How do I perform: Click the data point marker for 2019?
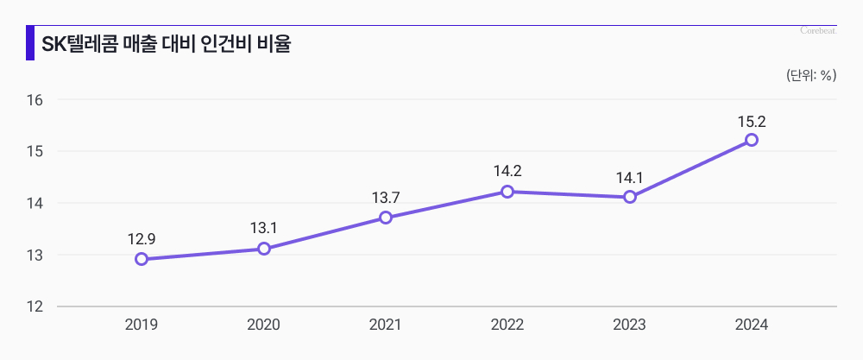pyautogui.click(x=142, y=259)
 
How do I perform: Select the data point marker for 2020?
pyautogui.click(x=264, y=249)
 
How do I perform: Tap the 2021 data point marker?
pyautogui.click(x=386, y=218)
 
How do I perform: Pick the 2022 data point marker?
pyautogui.click(x=507, y=192)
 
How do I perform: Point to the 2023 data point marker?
pyautogui.click(x=630, y=197)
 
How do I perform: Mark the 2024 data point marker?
pyautogui.click(x=752, y=140)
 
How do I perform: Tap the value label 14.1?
pyautogui.click(x=630, y=176)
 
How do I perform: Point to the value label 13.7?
pyautogui.click(x=386, y=197)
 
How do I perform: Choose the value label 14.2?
pyautogui.click(x=507, y=171)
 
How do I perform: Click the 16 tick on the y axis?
pyautogui.click(x=35, y=99)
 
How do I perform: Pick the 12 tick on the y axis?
pyautogui.click(x=35, y=306)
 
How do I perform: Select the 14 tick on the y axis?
pyautogui.click(x=35, y=203)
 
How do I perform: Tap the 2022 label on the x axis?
pyautogui.click(x=507, y=325)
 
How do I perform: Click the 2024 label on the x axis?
pyautogui.click(x=752, y=325)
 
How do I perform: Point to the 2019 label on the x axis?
pyautogui.click(x=142, y=325)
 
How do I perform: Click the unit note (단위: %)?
pyautogui.click(x=811, y=75)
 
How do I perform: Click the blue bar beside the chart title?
pyautogui.click(x=30, y=43)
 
